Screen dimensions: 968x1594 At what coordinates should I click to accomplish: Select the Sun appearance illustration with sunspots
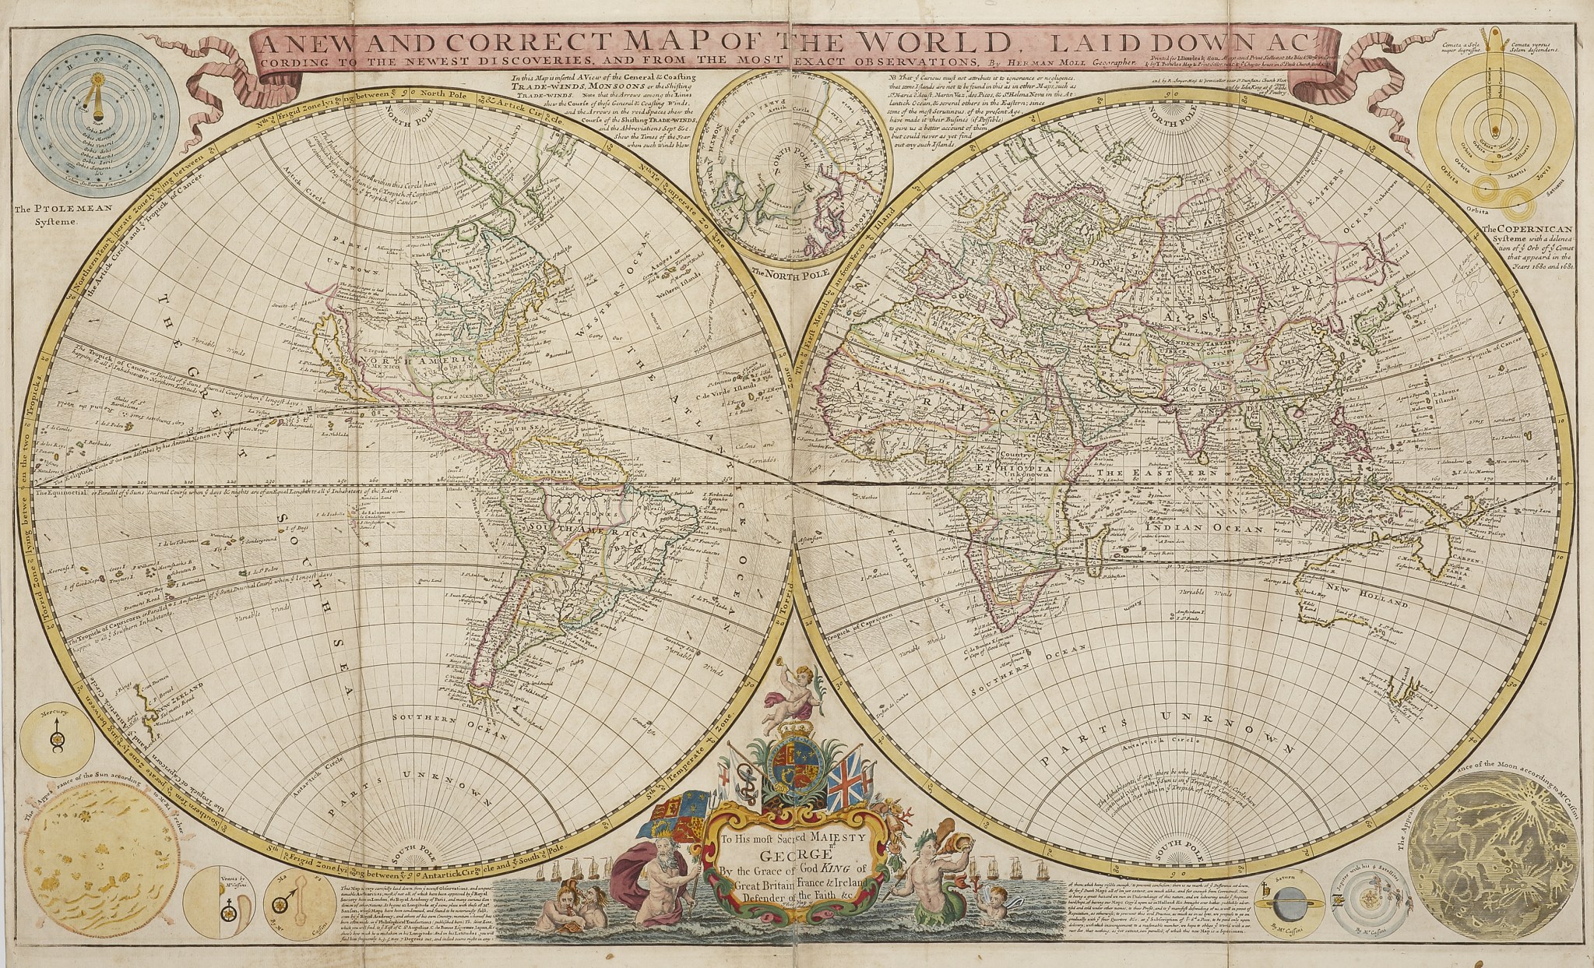[101, 850]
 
